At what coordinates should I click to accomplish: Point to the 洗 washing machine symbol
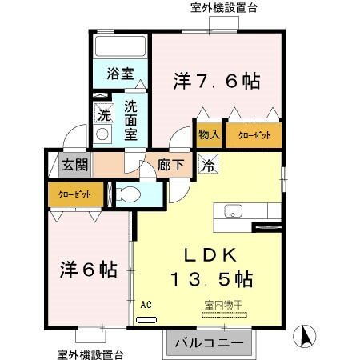[x=102, y=114]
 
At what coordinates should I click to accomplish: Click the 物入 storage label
[x=210, y=135]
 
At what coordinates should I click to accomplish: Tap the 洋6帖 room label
[x=86, y=269]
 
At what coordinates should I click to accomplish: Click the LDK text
[x=210, y=256]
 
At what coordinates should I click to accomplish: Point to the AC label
[x=146, y=305]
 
